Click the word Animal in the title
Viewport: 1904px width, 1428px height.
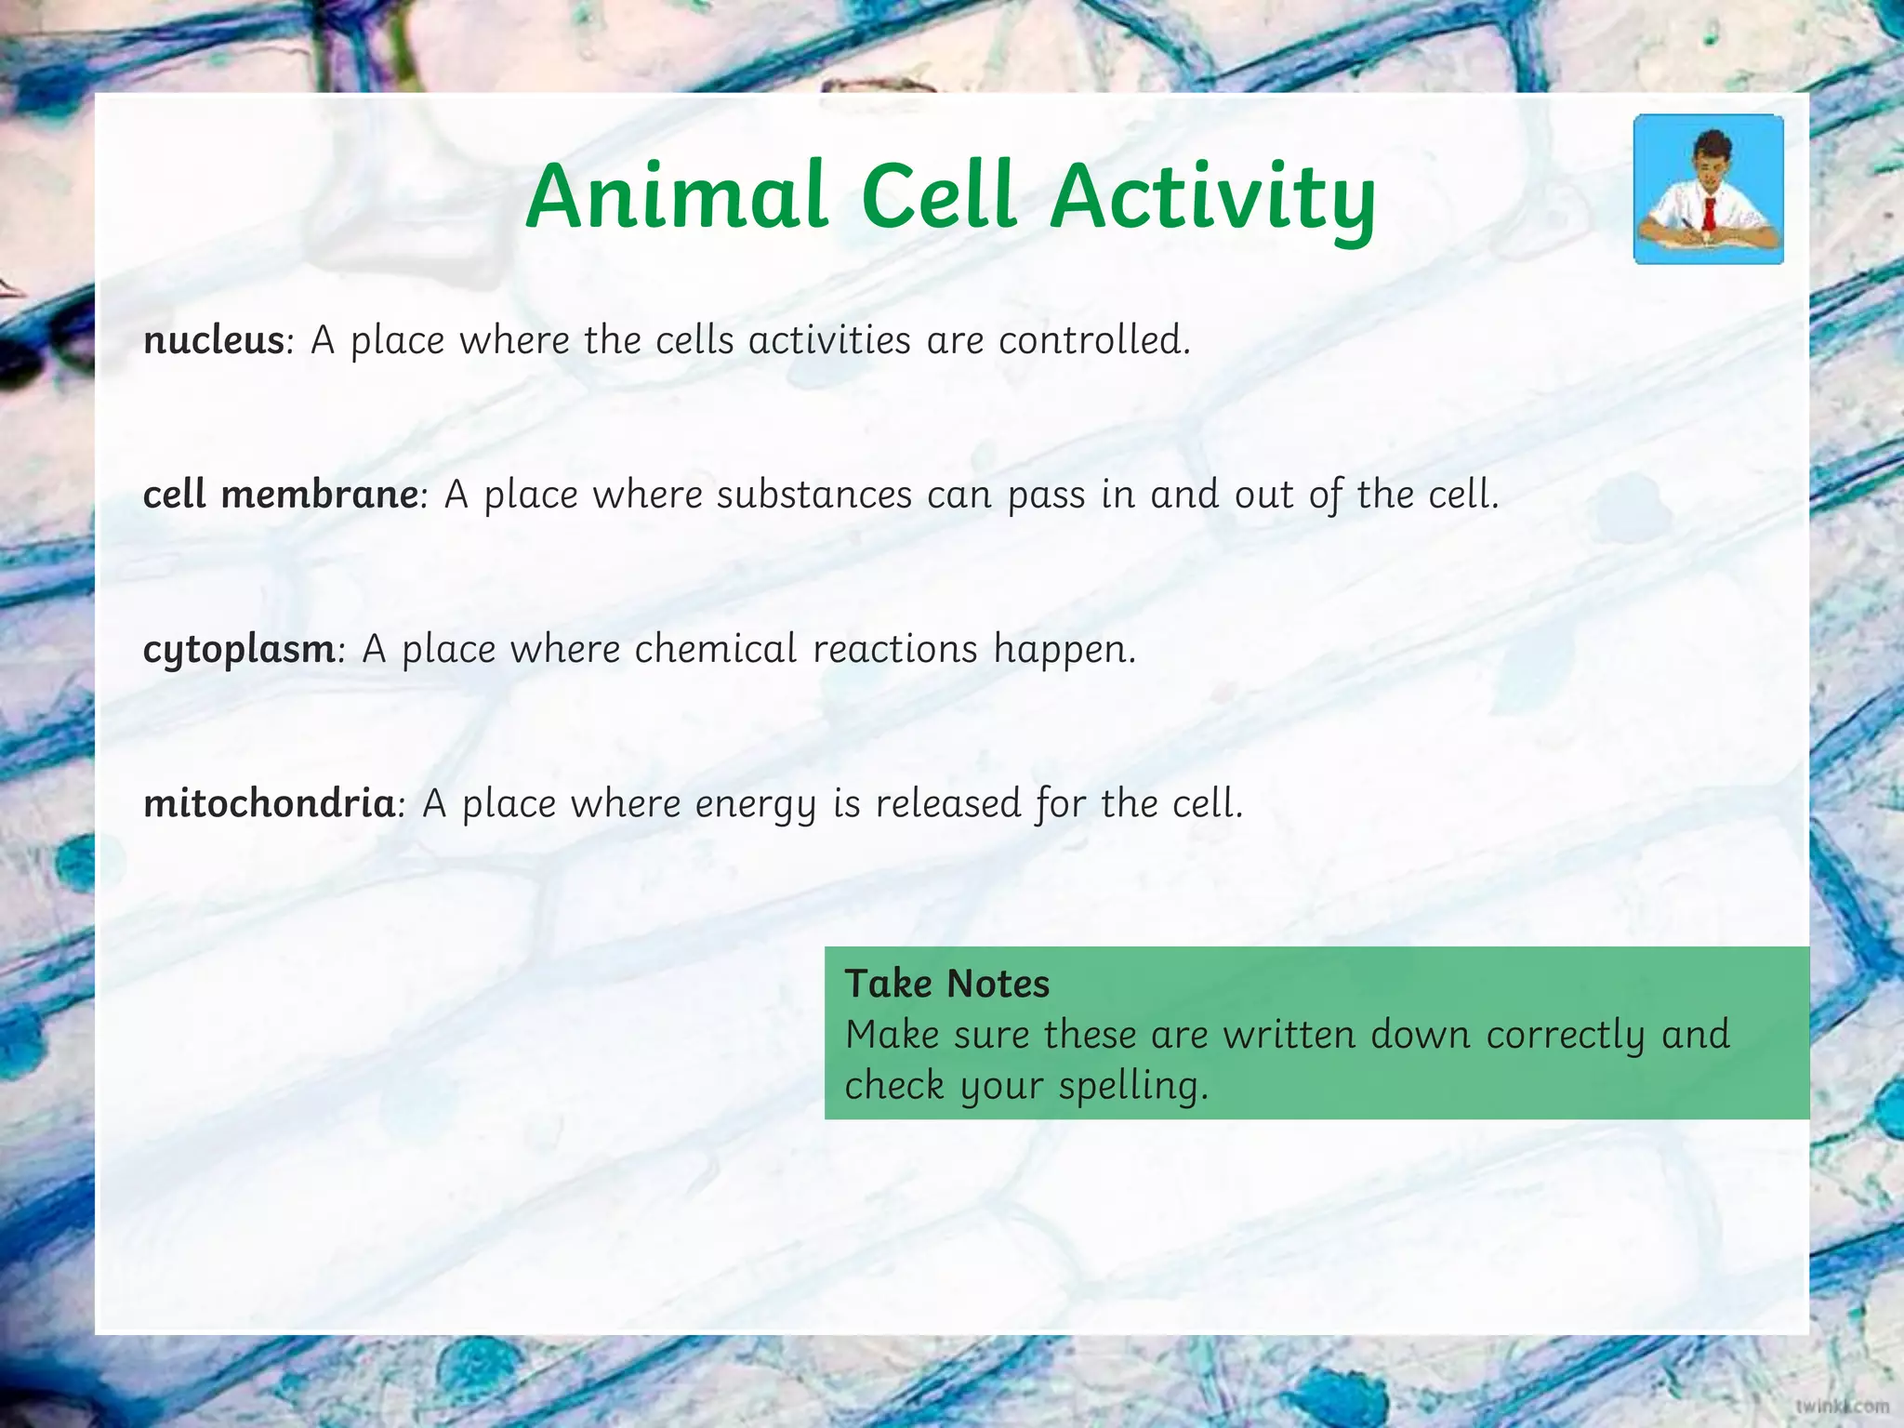[x=676, y=196]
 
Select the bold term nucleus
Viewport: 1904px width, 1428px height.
[x=213, y=340]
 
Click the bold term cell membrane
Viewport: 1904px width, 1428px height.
[x=281, y=495]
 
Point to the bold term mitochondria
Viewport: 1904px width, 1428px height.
[x=270, y=803]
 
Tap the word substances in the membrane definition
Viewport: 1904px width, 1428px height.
[x=814, y=495]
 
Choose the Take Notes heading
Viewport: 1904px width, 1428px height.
[x=946, y=984]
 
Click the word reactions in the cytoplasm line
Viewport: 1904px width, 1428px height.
[x=895, y=649]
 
